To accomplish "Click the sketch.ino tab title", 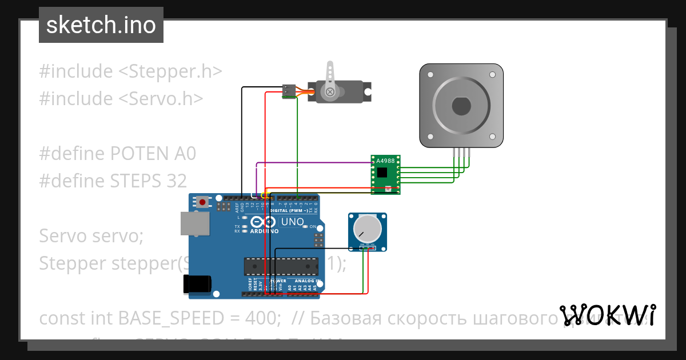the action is tap(101, 25).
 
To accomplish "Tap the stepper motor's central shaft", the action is tap(461, 106).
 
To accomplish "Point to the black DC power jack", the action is tap(197, 284).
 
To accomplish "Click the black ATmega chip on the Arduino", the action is tap(281, 266).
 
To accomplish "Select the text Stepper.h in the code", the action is tap(170, 71).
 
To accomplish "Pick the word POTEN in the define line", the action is tap(137, 153).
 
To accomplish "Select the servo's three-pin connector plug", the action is tap(290, 90).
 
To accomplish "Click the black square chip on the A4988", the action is tap(381, 171).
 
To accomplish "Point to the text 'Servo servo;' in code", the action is tap(91, 235).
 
